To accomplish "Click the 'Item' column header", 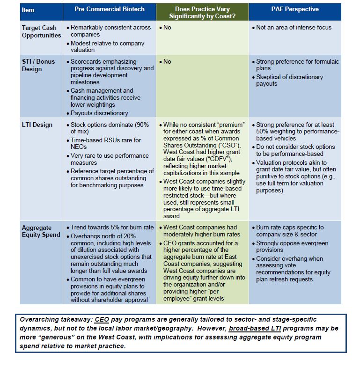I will (x=28, y=10).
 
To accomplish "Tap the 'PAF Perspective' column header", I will (x=295, y=10).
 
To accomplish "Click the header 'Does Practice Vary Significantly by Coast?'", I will (x=202, y=13).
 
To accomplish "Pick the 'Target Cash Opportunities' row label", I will (x=41, y=31).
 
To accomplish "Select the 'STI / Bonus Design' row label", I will (x=38, y=65).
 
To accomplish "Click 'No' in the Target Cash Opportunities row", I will (x=167, y=28).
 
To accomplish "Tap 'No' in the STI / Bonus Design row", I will (x=167, y=61).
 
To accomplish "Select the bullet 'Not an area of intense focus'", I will (x=294, y=28).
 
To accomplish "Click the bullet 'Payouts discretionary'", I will (x=99, y=113).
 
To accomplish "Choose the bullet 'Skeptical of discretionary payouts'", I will (x=289, y=80).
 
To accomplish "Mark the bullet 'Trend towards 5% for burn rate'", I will (x=111, y=227).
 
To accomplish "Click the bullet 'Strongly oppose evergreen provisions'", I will (x=292, y=247).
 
